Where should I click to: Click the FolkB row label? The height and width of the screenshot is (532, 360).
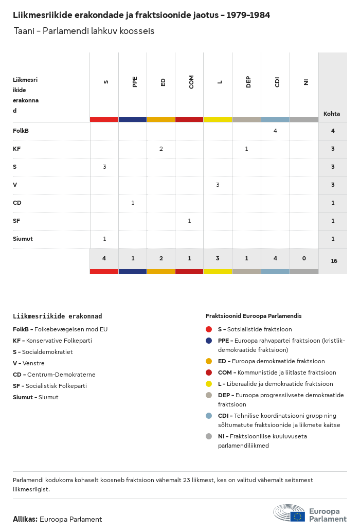(x=21, y=131)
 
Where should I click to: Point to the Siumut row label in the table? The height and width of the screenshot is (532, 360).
(x=23, y=239)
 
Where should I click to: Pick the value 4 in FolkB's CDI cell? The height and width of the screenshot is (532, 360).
(x=275, y=131)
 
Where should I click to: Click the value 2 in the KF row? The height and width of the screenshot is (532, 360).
(x=161, y=149)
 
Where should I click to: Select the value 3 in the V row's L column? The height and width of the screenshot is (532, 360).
(x=218, y=185)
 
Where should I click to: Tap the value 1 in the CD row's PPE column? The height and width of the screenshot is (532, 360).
(x=133, y=203)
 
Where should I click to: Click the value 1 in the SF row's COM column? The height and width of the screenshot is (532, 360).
(x=189, y=221)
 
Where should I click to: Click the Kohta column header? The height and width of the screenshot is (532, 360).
(x=332, y=114)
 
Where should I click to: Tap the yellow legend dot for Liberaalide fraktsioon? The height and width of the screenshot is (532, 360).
(x=209, y=384)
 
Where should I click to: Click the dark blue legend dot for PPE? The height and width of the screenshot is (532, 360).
(x=209, y=341)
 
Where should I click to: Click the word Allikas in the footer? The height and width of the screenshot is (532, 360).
(x=25, y=519)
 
